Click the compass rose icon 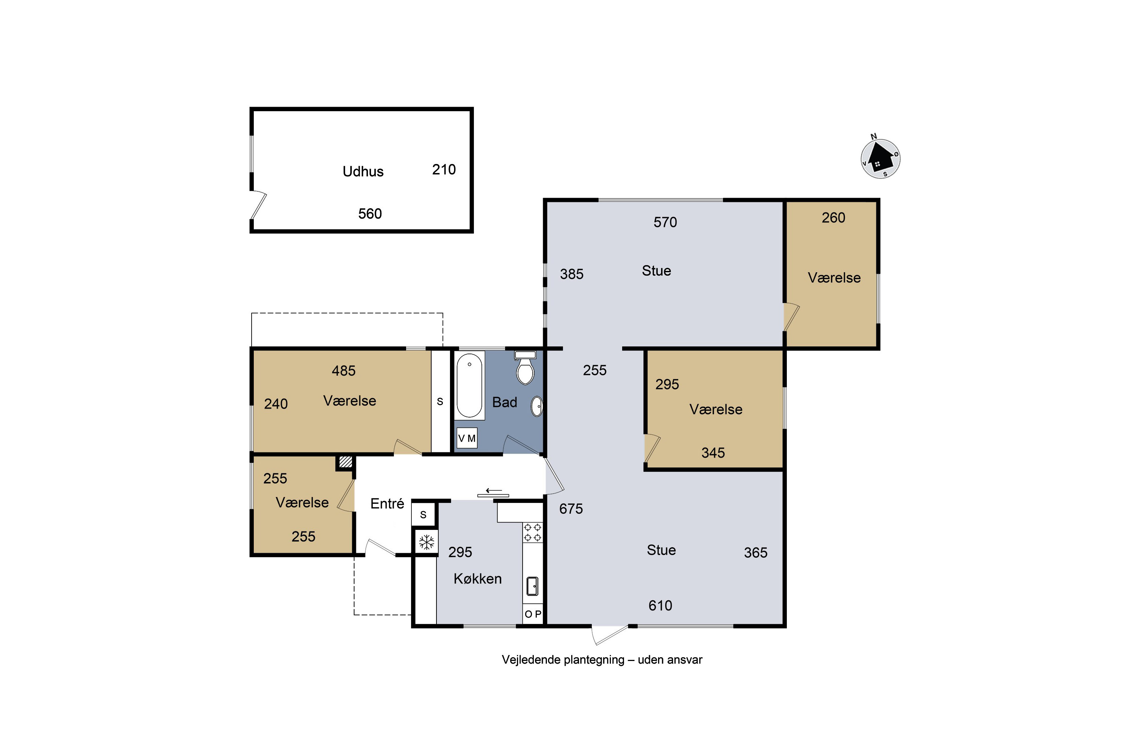tap(880, 158)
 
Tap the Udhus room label tap(363, 172)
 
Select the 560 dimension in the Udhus tap(370, 213)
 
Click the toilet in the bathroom tap(525, 368)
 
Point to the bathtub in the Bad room tap(469, 385)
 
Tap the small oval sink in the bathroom tap(537, 406)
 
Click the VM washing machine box tap(466, 438)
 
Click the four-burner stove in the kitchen tap(532, 533)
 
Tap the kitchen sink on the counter tap(532, 586)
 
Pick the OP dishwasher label tap(533, 614)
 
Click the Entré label tap(387, 503)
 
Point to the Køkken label tap(478, 579)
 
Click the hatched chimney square tap(345, 462)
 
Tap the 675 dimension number tap(571, 509)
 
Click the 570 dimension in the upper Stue tap(665, 222)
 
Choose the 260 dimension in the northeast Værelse tap(833, 218)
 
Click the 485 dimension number tap(344, 371)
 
